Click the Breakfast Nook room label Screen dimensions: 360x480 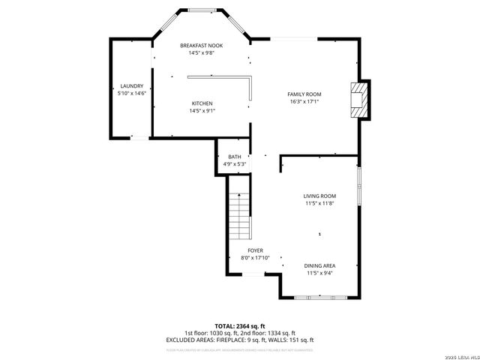[x=201, y=46]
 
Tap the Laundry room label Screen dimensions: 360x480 [x=130, y=86]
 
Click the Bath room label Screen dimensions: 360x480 [x=235, y=157]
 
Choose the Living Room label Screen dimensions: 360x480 [x=319, y=196]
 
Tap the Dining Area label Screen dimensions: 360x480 [x=319, y=265]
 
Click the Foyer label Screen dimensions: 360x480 [x=255, y=250]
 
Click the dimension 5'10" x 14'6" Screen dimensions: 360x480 [x=130, y=94]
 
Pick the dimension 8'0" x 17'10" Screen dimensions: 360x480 [x=255, y=258]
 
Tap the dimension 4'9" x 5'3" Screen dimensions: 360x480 [x=235, y=164]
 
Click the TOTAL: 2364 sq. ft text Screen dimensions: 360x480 [x=240, y=326]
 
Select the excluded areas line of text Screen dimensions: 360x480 [x=240, y=340]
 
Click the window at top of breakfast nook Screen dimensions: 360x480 [x=201, y=10]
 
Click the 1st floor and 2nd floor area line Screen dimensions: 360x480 [x=240, y=333]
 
